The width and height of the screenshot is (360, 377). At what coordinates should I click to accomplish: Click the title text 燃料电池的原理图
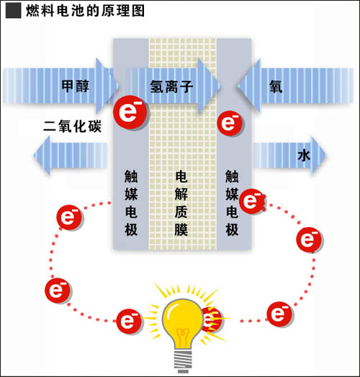(x=85, y=11)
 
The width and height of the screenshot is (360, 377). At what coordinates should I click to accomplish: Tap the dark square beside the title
(x=13, y=11)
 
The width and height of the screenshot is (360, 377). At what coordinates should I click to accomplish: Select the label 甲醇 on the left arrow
(x=75, y=86)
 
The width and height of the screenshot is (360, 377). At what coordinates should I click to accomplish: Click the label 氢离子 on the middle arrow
(x=171, y=87)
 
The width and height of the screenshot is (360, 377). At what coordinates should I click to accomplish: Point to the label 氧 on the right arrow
(x=276, y=86)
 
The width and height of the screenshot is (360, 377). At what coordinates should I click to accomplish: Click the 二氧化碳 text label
(x=72, y=126)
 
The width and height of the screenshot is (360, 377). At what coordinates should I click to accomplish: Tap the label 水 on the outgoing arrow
(x=304, y=156)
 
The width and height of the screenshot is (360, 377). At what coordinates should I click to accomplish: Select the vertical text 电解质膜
(x=181, y=203)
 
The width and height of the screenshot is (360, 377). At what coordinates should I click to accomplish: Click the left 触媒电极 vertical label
(x=131, y=203)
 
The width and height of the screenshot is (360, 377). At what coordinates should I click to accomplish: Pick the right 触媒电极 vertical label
(x=232, y=203)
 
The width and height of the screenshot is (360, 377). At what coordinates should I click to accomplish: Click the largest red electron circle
(x=130, y=112)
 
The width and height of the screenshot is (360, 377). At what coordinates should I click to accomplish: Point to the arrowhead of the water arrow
(x=318, y=155)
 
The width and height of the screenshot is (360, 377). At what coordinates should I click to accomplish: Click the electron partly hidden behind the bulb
(x=212, y=319)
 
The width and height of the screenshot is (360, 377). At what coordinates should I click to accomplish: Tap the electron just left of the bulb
(x=129, y=321)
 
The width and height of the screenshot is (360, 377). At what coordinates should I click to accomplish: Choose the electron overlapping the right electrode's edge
(x=252, y=201)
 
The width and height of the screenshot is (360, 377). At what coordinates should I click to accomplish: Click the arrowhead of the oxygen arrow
(x=249, y=86)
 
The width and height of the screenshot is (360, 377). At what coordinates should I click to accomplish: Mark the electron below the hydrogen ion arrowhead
(x=230, y=123)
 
